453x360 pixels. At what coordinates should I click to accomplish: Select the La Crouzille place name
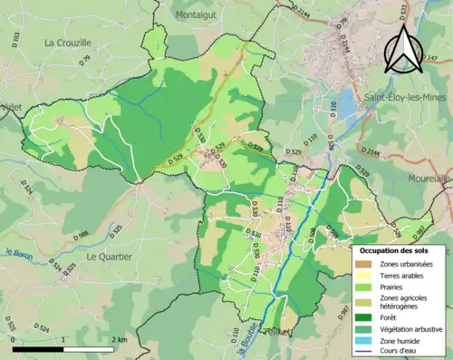coord(68,43)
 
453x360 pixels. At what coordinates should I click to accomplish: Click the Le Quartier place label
coord(109,257)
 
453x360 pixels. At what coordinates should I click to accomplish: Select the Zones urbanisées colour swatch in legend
coord(362,263)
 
